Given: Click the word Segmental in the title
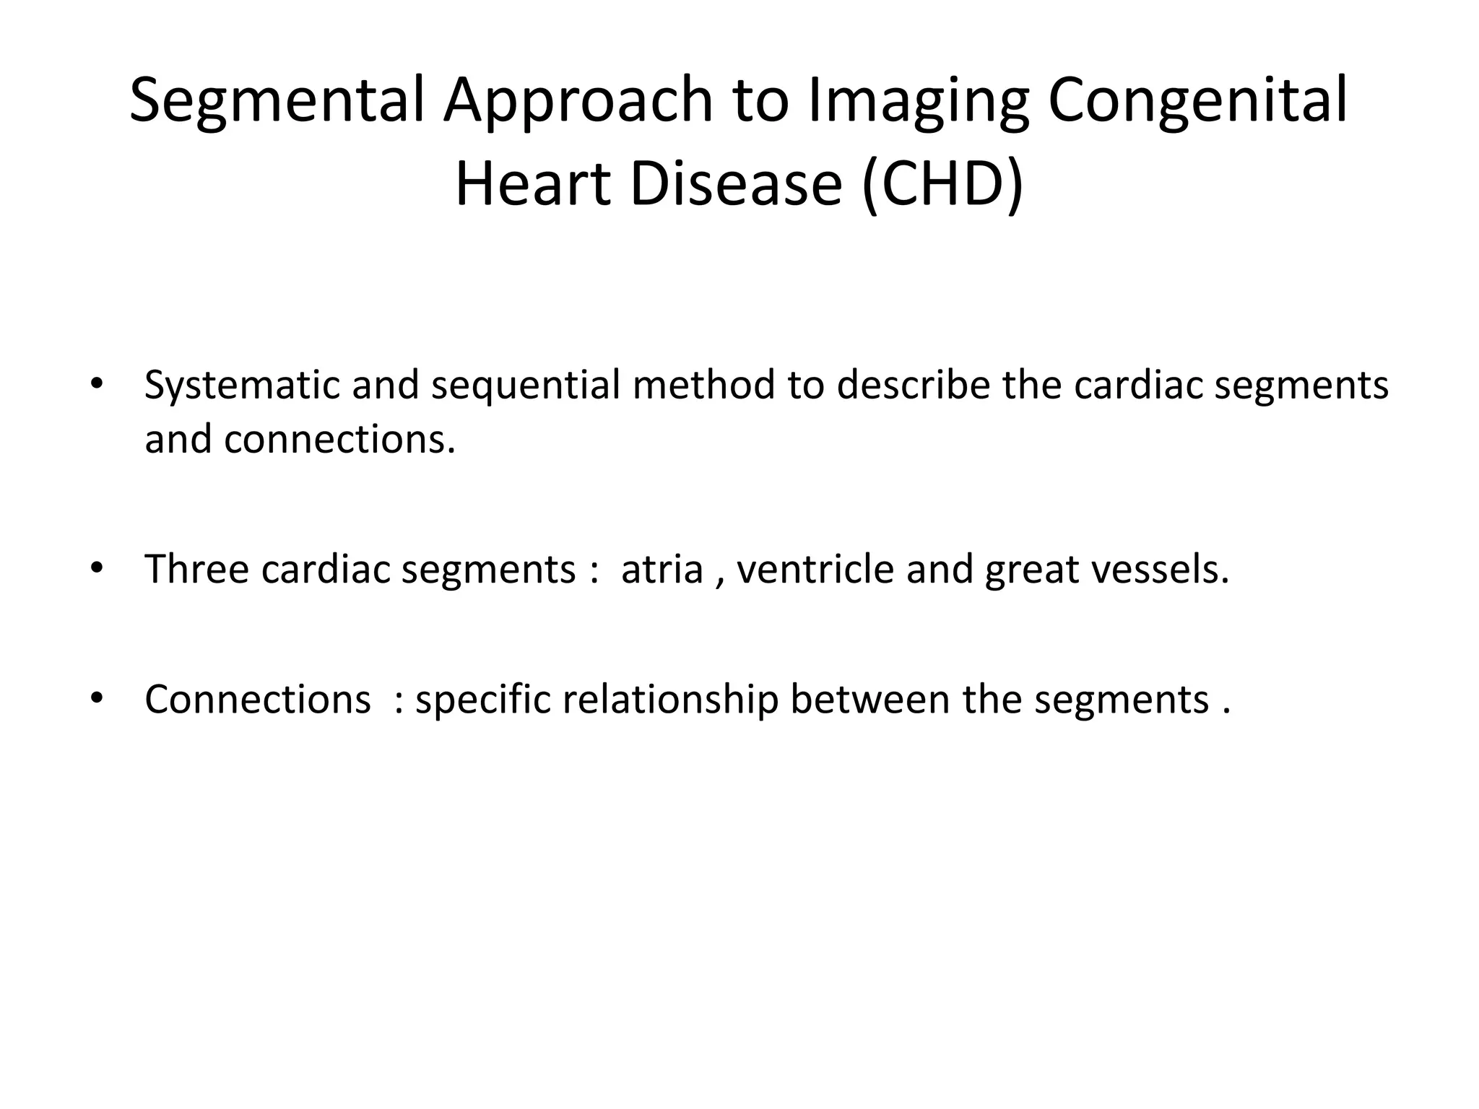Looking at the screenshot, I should click(x=279, y=101).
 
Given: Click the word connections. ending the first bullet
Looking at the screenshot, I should click(x=339, y=439).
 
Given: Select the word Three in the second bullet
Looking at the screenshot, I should click(x=196, y=569).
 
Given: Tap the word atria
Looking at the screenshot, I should click(x=662, y=569).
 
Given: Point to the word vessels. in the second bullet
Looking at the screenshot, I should click(x=1160, y=569).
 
